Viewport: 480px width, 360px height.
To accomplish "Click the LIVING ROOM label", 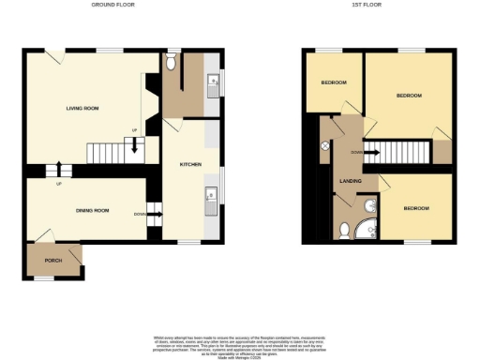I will tap(82, 109).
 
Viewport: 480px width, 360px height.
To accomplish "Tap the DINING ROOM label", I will tap(93, 210).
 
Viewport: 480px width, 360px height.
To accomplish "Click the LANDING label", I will tap(351, 181).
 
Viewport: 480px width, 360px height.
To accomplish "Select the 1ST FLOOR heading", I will tap(365, 5).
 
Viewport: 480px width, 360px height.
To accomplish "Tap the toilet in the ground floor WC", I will tap(172, 62).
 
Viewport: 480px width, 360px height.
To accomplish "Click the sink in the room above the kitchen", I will tap(213, 82).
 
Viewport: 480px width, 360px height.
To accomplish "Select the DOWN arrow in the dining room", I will tap(154, 215).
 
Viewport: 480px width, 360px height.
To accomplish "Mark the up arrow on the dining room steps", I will tap(62, 170).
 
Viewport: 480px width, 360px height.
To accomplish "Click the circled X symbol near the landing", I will tap(325, 146).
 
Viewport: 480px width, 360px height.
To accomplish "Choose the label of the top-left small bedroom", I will tap(334, 82).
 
